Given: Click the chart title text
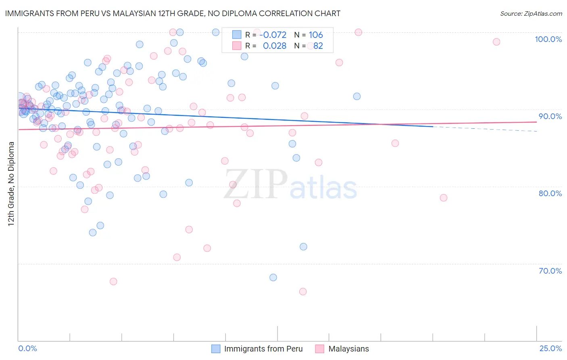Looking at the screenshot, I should pos(173,13).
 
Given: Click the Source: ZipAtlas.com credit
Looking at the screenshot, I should pos(531,13).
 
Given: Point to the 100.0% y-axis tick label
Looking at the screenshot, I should pos(548,39).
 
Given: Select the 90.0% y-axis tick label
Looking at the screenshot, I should pos(550,116).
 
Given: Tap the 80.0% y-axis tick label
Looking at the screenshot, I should pos(550,193).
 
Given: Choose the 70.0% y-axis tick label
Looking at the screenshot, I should pos(550,271).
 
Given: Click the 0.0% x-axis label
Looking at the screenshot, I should pos(27,348).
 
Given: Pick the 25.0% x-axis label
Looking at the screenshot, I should pos(550,348).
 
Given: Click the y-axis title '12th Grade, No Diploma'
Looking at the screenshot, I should pos(11,184).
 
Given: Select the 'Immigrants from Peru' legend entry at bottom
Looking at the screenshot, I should pos(263,349).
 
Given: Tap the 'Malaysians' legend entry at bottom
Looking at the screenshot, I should pos(348,349).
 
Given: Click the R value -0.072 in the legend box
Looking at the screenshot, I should pos(273,35).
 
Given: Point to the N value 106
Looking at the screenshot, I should pos(316,35).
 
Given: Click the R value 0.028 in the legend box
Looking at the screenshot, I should pos(274,46).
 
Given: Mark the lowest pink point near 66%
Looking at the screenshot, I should pos(303,291).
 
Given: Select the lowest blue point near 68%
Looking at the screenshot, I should pos(273,277).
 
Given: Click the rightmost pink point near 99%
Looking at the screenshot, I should pos(496,42).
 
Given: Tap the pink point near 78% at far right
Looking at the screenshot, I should pos(444,198).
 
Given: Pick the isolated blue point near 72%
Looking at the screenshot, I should pos(303,247).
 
